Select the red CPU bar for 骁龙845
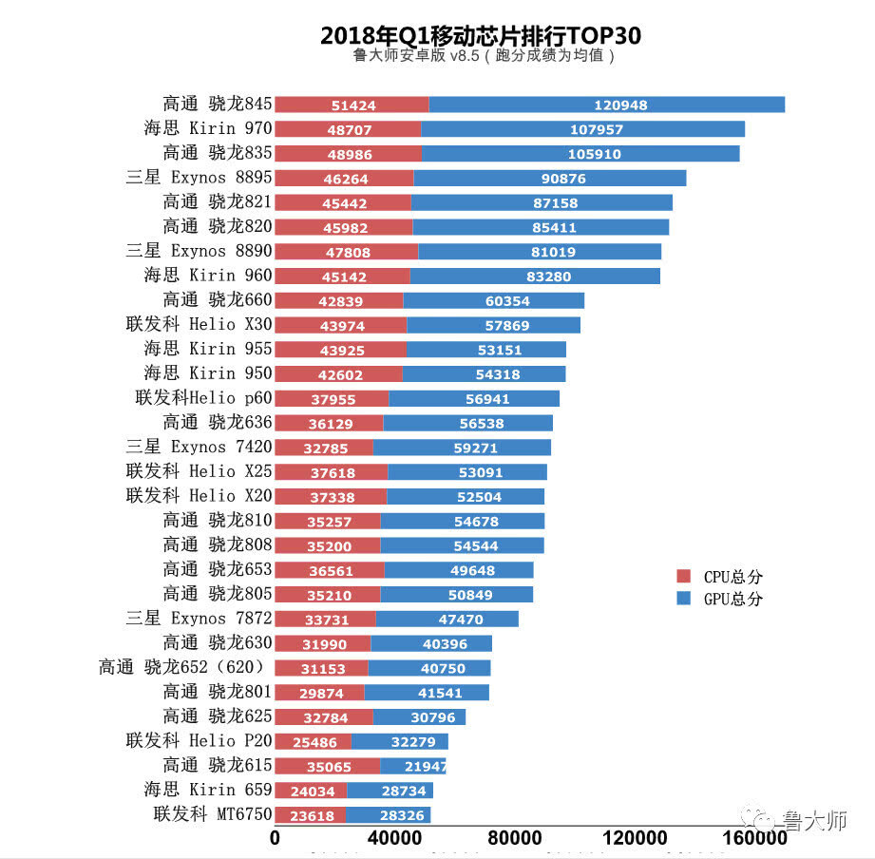(352, 105)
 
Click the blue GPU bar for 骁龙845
(606, 105)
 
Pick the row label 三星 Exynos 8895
(199, 177)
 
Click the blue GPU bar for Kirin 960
(535, 276)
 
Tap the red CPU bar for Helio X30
(340, 325)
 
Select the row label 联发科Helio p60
(204, 397)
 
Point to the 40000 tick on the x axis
(394, 839)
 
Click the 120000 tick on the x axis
(635, 839)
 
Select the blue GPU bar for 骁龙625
(419, 716)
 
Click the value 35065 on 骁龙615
(326, 766)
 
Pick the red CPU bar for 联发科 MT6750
(310, 815)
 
